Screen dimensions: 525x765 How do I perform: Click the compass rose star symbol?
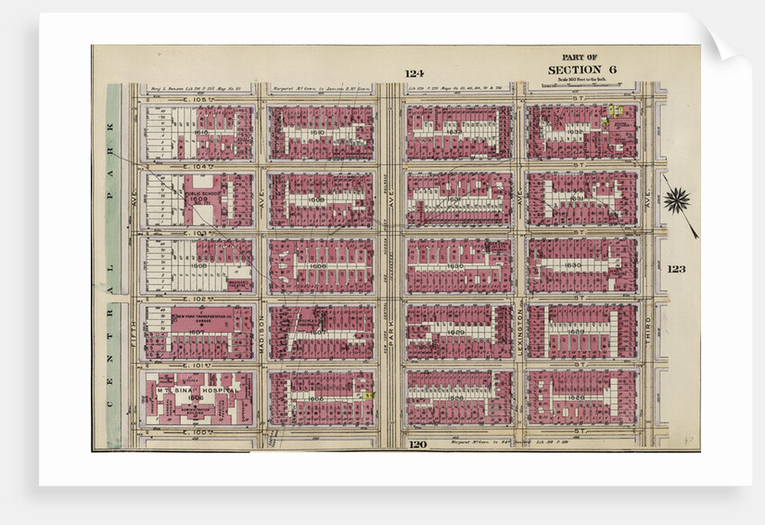677,200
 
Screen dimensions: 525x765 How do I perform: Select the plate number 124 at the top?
414,74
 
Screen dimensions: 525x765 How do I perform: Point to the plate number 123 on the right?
678,268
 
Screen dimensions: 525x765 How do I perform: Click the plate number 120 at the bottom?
416,444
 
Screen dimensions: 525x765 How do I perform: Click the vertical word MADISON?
261,333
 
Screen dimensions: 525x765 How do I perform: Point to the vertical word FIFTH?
131,333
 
